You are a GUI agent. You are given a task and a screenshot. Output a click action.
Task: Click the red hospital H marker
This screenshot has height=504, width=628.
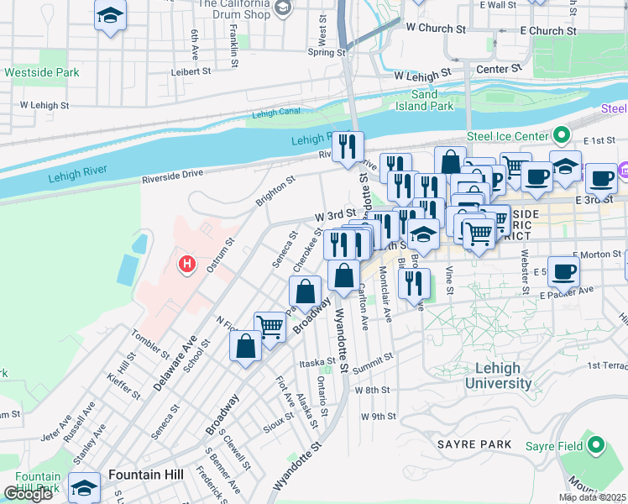pos(187,265)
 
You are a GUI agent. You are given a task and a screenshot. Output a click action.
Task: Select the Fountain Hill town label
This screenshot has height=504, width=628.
pos(145,475)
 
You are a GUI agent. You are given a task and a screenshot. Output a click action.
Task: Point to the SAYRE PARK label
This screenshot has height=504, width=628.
pos(474,443)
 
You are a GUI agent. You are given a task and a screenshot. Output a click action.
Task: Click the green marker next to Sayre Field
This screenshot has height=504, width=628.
pos(596,444)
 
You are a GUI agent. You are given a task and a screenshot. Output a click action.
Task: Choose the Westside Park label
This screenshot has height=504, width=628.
pos(42,73)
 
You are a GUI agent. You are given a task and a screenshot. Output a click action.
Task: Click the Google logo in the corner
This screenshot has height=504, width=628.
pos(28,494)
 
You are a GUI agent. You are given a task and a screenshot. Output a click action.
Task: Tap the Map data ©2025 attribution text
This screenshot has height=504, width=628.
pos(593,497)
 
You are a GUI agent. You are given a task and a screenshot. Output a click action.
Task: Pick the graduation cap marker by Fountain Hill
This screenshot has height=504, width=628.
pos(84,487)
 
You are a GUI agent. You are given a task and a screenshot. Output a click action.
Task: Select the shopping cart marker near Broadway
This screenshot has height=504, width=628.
pos(270,327)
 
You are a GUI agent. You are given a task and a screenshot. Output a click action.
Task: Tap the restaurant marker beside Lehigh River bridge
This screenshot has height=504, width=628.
pos(348,147)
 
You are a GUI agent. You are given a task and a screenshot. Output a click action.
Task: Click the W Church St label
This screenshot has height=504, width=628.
pos(435,28)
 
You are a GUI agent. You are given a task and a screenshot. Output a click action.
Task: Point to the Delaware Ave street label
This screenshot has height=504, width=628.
pos(175,363)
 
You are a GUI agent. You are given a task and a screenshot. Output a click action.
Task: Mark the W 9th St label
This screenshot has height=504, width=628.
pos(378,417)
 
